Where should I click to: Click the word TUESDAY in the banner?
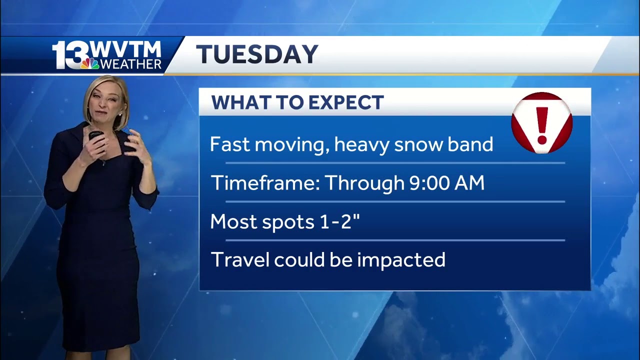click(257, 54)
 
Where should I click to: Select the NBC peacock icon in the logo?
click(90, 63)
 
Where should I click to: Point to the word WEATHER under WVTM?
click(130, 64)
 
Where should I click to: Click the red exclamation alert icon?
click(541, 122)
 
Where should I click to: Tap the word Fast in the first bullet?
click(230, 144)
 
